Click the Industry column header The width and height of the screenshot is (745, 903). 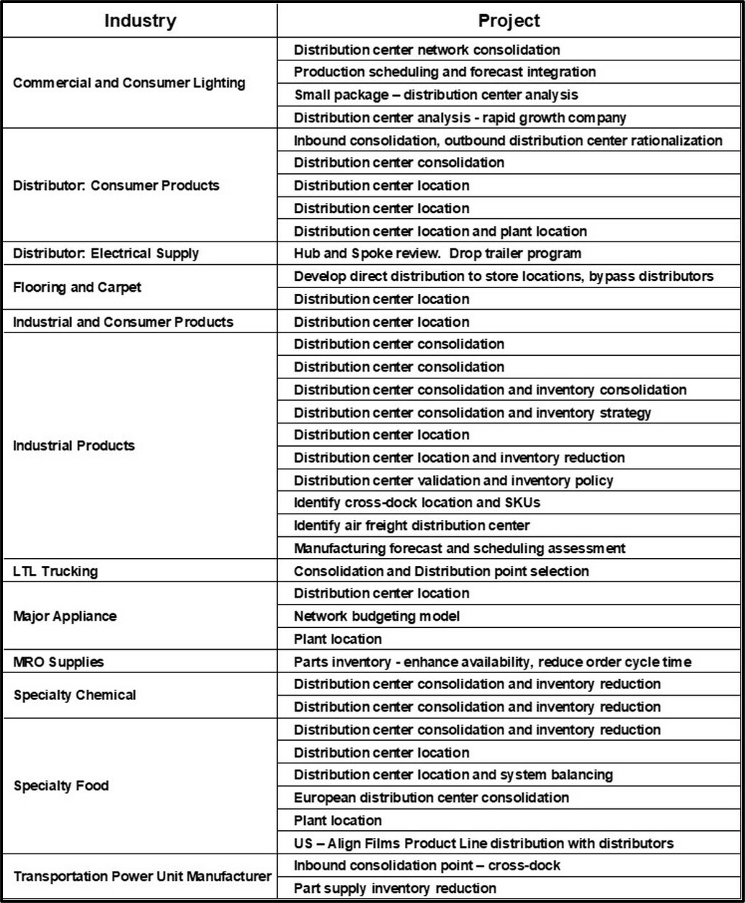(140, 20)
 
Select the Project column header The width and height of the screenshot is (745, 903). (509, 20)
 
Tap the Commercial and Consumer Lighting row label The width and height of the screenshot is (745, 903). (129, 83)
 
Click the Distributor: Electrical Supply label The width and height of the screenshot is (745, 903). (105, 253)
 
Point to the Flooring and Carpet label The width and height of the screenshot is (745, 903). (77, 287)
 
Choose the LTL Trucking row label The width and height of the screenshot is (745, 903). (55, 571)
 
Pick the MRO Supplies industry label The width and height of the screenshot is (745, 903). (58, 662)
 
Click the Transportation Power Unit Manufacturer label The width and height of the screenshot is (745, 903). (142, 876)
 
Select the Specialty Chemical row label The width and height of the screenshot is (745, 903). (74, 695)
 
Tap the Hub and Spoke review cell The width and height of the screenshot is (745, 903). (437, 253)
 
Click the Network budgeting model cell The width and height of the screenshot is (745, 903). (377, 616)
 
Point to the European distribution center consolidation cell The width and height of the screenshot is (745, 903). (431, 797)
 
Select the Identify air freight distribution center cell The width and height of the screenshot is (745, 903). (412, 525)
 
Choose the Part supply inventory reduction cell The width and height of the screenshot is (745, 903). (395, 888)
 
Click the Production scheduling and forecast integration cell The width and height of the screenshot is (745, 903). (445, 72)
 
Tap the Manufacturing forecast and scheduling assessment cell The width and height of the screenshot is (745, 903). (459, 548)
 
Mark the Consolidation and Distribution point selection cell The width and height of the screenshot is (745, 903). (441, 571)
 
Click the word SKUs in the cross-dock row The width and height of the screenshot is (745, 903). (522, 503)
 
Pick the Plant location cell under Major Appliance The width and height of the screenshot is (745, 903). (338, 639)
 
